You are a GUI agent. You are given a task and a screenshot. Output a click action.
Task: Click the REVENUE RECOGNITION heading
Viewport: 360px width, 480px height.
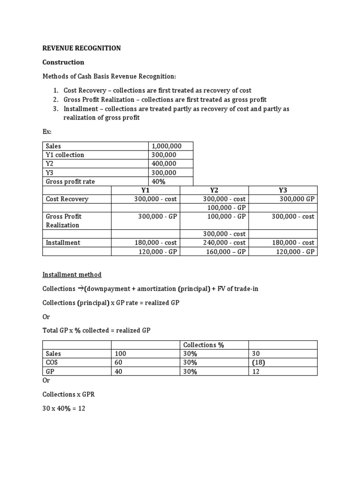82,48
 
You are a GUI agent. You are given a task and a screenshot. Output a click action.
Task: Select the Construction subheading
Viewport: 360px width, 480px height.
63,62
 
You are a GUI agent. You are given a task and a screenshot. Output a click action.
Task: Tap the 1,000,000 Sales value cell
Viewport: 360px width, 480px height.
166,146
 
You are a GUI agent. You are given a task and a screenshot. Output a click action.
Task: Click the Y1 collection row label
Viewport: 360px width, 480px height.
65,155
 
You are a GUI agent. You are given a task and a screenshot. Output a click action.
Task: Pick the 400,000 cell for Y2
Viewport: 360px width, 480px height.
164,164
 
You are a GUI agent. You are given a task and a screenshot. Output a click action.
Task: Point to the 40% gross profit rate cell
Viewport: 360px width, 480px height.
159,181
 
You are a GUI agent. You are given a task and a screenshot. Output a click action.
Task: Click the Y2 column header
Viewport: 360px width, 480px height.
214,190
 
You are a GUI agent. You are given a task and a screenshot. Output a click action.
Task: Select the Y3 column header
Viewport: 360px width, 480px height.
283,190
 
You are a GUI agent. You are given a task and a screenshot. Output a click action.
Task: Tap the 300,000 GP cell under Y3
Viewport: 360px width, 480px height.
297,199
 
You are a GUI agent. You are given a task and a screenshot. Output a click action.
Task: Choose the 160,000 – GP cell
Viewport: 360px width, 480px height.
226,252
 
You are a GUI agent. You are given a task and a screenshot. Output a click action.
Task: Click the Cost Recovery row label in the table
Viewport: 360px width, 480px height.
67,199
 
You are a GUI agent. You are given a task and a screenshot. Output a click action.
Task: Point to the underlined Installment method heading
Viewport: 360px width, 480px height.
72,275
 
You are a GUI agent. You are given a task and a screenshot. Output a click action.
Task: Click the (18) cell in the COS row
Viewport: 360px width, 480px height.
258,362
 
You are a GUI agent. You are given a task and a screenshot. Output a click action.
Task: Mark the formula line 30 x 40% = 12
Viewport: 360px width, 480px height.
64,408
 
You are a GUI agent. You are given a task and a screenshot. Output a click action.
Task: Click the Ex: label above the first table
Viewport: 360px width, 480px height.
47,133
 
